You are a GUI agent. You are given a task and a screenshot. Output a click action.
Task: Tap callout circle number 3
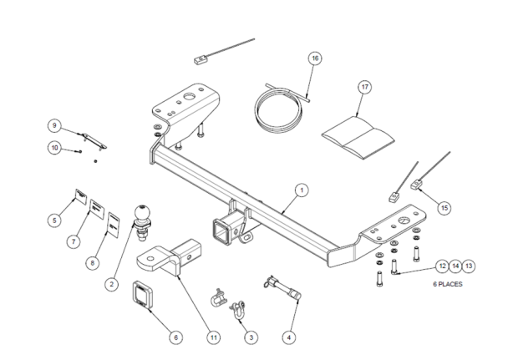[x=248, y=337]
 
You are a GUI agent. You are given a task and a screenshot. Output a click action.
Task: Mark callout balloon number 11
[x=213, y=337]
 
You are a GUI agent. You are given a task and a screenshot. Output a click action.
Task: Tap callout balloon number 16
[x=315, y=58]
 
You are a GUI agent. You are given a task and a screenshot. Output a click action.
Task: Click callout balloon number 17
[x=364, y=87]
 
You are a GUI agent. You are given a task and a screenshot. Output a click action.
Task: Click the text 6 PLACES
[x=447, y=284]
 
